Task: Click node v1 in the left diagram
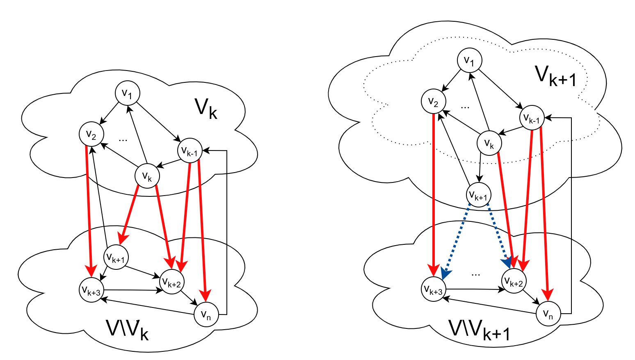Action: tap(128, 93)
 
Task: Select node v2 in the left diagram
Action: tap(91, 134)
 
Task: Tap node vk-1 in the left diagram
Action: tap(190, 151)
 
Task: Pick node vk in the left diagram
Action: tap(147, 176)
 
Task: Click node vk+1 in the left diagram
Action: tap(116, 257)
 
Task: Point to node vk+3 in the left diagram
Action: tap(91, 290)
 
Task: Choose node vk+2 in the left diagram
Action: tap(172, 282)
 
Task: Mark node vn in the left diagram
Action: tap(206, 314)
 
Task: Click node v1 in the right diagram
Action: tap(470, 60)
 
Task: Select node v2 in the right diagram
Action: tap(434, 101)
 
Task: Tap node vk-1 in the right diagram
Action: tap(532, 118)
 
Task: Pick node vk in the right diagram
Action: tap(489, 143)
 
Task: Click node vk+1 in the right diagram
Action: tap(479, 195)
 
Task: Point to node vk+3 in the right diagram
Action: tap(434, 289)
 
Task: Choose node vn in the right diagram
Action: tap(548, 314)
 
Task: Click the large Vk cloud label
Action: tap(206, 108)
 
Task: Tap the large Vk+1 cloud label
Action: tap(555, 75)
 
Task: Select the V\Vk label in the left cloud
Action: tap(127, 330)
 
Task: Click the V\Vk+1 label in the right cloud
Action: tap(479, 330)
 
